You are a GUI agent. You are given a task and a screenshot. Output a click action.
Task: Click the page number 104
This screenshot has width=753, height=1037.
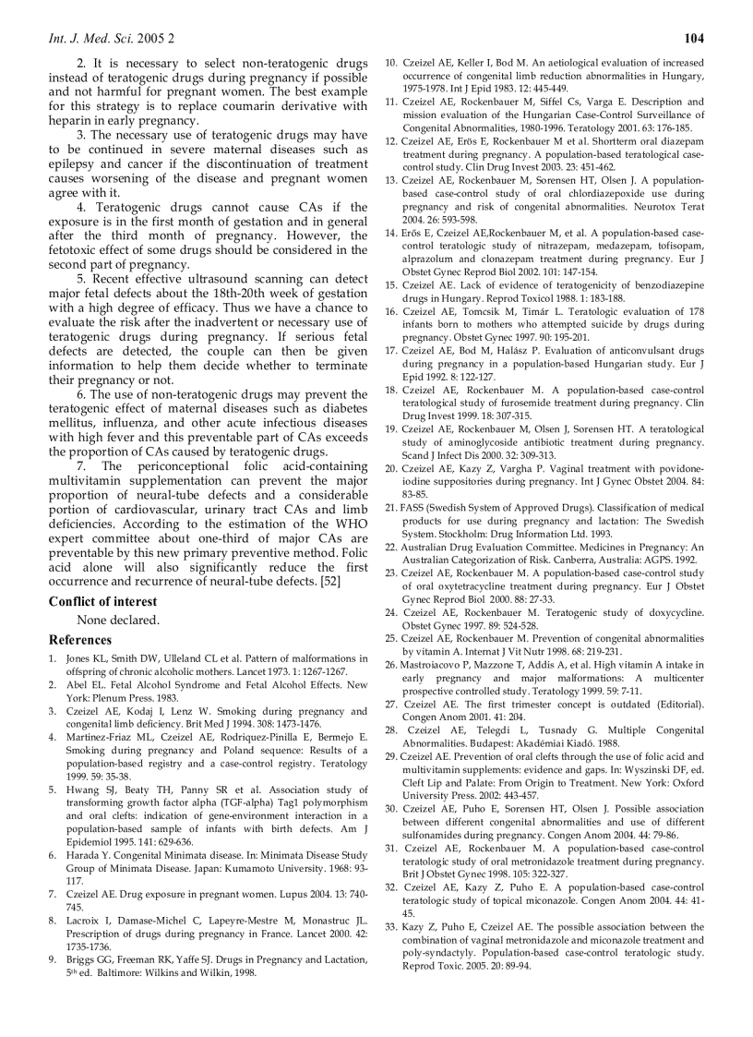pos(693,39)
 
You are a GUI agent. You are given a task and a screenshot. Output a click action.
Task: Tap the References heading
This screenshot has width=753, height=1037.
pos(80,640)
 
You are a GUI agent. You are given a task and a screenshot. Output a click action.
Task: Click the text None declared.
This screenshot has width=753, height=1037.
pos(118,620)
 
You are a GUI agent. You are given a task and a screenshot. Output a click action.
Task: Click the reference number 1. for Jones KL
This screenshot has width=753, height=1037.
pos(54,658)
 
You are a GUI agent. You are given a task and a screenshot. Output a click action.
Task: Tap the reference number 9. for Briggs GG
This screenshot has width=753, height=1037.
pos(54,959)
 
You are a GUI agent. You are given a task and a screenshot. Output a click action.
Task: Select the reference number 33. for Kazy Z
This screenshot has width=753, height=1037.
pos(391,926)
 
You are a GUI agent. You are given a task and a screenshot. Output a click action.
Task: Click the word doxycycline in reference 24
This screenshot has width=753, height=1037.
pos(673,612)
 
